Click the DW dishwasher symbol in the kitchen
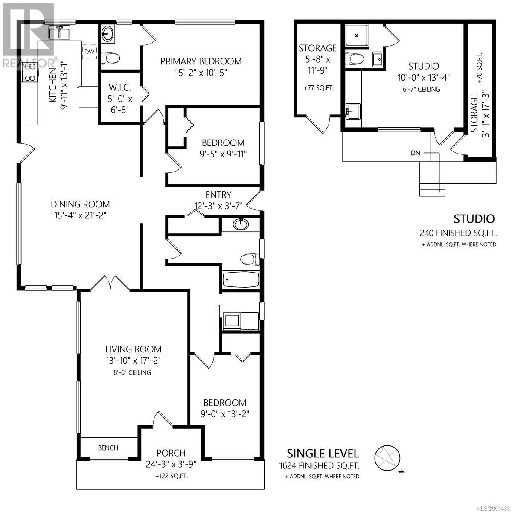point(89,52)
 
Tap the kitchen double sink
point(59,32)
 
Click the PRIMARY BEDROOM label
point(201,61)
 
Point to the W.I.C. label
point(119,87)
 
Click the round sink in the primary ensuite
point(108,33)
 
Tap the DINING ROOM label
point(80,204)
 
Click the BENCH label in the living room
point(108,448)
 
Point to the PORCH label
point(171,453)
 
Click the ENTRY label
point(218,195)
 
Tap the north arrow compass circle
point(387,457)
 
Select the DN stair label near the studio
point(416,153)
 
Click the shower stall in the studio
point(357,35)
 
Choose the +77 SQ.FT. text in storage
point(319,88)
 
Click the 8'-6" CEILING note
point(132,372)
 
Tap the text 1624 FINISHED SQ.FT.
point(320,465)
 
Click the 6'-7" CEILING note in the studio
point(422,89)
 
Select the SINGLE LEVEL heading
point(323,454)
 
